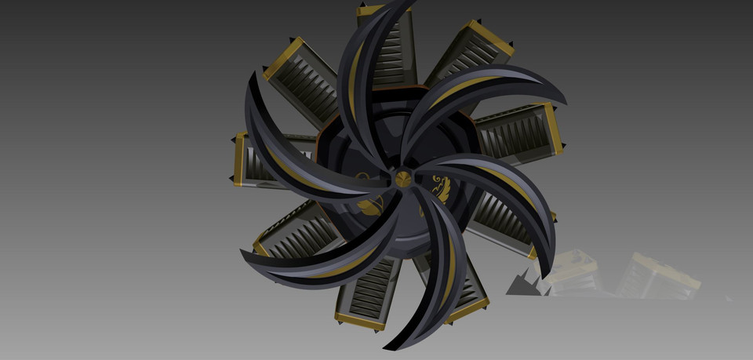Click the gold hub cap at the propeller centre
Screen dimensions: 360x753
point(402,178)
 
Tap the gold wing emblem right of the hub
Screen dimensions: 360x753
point(440,189)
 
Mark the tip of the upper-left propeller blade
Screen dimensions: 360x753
point(253,77)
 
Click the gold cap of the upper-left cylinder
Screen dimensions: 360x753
point(283,56)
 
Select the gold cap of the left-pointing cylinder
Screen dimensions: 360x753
point(238,160)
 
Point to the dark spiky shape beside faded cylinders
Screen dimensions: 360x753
point(521,282)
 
